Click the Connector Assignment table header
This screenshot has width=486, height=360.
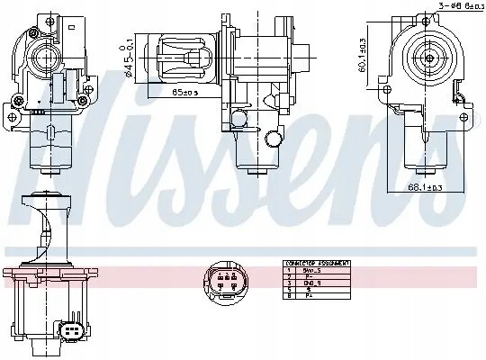[316, 264]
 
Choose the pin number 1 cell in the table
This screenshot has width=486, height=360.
[289, 270]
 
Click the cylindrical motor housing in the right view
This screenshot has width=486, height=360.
[424, 144]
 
